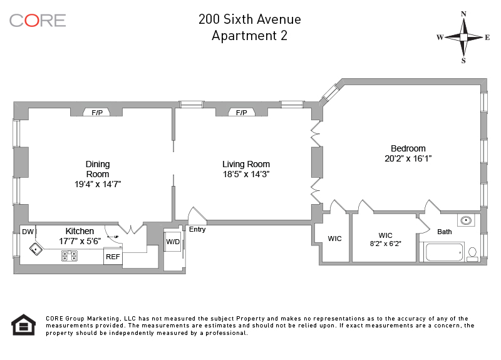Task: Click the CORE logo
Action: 38,21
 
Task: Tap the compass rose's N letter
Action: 463,14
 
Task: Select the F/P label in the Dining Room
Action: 97,113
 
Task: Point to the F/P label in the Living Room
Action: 242,113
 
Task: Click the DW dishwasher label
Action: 28,232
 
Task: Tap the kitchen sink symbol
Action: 36,249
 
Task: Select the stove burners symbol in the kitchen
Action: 70,256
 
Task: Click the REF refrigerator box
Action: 113,257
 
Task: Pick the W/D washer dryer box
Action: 173,242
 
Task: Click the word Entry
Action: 197,229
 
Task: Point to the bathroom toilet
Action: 472,254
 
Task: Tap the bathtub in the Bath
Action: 444,252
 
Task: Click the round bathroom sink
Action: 466,220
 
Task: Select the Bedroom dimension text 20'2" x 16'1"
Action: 408,158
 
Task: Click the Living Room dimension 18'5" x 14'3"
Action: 246,174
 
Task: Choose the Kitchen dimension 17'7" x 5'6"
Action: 80,241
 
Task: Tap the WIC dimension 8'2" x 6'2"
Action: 385,244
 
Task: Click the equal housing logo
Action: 24,325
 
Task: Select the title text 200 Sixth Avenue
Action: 249,19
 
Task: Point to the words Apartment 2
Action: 249,36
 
